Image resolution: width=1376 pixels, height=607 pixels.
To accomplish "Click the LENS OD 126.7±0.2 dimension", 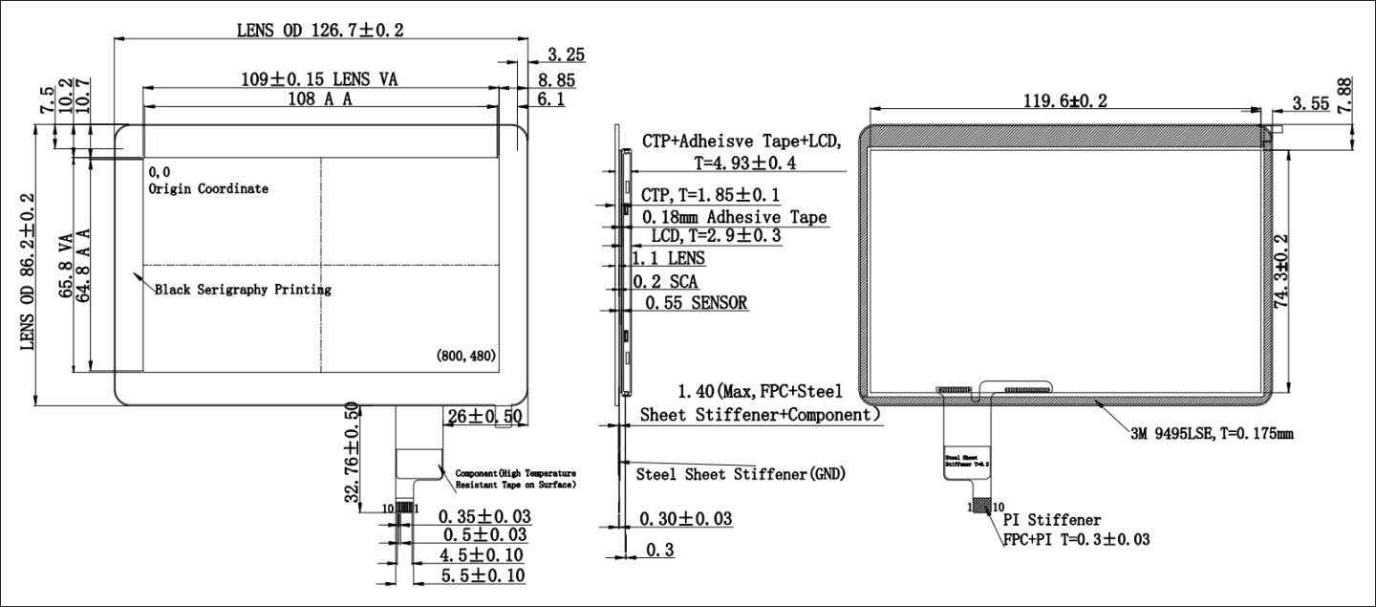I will [320, 30].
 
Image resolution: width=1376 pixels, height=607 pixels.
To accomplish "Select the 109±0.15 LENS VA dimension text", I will [319, 79].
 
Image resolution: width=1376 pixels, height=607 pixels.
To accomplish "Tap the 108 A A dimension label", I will [320, 98].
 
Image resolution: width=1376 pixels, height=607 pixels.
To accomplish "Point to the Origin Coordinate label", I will [208, 188].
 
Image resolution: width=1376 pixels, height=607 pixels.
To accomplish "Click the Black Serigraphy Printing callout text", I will [243, 289].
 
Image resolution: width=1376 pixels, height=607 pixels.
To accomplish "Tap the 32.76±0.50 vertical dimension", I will [352, 453].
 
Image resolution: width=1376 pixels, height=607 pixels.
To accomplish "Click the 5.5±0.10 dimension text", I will [482, 574].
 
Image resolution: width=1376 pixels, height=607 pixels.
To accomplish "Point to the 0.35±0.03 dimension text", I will [484, 516].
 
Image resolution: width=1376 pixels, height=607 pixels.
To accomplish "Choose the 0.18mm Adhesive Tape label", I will [733, 217].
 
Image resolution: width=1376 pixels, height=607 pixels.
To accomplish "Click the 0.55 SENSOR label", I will [696, 303].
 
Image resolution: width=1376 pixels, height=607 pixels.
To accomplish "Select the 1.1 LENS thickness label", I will [669, 258].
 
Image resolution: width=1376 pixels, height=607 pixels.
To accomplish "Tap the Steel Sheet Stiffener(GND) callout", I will [741, 473].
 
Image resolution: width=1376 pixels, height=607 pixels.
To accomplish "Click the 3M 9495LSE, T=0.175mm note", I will [1212, 433].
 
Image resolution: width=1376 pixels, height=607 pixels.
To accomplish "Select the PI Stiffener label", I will [1051, 520].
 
